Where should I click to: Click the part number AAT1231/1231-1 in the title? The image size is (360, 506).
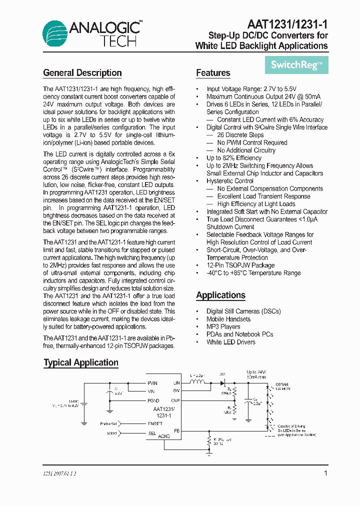[x=287, y=24]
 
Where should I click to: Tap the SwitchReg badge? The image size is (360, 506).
[x=296, y=64]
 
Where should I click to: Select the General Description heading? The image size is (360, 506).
[x=82, y=73]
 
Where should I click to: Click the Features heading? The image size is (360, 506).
[x=213, y=73]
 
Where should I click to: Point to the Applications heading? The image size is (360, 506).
[x=220, y=295]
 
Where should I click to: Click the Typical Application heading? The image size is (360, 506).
[x=81, y=363]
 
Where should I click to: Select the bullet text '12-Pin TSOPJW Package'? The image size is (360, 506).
[x=240, y=265]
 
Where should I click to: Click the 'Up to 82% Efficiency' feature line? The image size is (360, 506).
[x=233, y=158]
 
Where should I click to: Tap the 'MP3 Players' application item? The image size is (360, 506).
[x=223, y=326]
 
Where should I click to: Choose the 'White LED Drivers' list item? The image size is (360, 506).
[x=230, y=342]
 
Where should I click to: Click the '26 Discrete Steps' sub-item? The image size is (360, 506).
[x=240, y=135]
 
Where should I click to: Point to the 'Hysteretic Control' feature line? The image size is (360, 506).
[x=229, y=181]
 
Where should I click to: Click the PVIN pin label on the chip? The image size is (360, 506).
[x=152, y=383]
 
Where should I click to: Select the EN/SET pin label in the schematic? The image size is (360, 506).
[x=156, y=423]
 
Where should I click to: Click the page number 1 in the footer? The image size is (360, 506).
[x=325, y=473]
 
